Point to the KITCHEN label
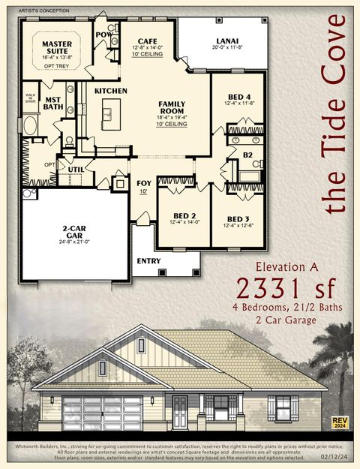[x=111, y=91]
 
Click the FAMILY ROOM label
[x=172, y=107]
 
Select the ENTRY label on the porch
[x=148, y=262]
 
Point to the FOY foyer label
[x=143, y=183]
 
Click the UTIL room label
[x=76, y=170]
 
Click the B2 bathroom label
[x=247, y=155]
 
